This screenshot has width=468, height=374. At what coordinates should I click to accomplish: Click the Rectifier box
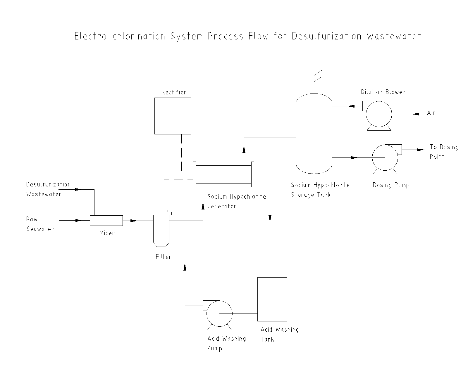(x=173, y=116)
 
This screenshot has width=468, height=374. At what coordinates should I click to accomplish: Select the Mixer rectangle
(x=106, y=220)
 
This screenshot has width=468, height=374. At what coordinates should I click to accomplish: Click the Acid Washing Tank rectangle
(x=272, y=299)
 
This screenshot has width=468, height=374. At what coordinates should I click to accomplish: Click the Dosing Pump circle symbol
(x=385, y=157)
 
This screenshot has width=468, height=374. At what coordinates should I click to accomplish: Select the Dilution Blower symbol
(x=379, y=114)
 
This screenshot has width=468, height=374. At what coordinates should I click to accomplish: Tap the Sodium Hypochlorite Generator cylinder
(x=223, y=174)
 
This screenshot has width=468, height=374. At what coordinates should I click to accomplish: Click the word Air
(x=431, y=113)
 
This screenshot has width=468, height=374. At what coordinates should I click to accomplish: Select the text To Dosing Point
(x=444, y=152)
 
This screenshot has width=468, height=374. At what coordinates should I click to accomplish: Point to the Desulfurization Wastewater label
(x=48, y=189)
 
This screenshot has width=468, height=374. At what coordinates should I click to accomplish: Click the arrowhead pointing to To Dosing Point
(x=421, y=150)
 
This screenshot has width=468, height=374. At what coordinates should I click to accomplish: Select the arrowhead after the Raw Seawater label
(x=79, y=220)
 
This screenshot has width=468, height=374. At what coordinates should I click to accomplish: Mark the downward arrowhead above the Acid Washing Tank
(x=270, y=218)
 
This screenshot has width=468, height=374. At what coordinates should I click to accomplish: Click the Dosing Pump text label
(x=391, y=185)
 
